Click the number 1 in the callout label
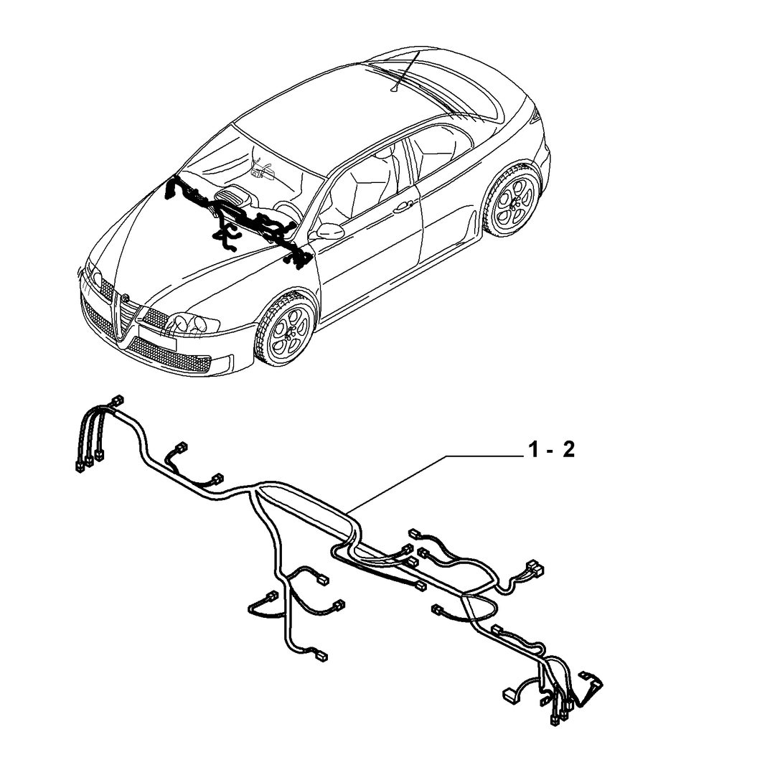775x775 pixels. click(x=533, y=450)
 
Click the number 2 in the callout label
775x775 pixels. click(x=568, y=450)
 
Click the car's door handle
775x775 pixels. click(x=403, y=207)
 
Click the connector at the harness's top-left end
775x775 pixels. click(x=118, y=400)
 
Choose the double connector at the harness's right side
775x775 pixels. click(x=534, y=568)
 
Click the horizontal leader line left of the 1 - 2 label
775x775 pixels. click(x=484, y=455)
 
